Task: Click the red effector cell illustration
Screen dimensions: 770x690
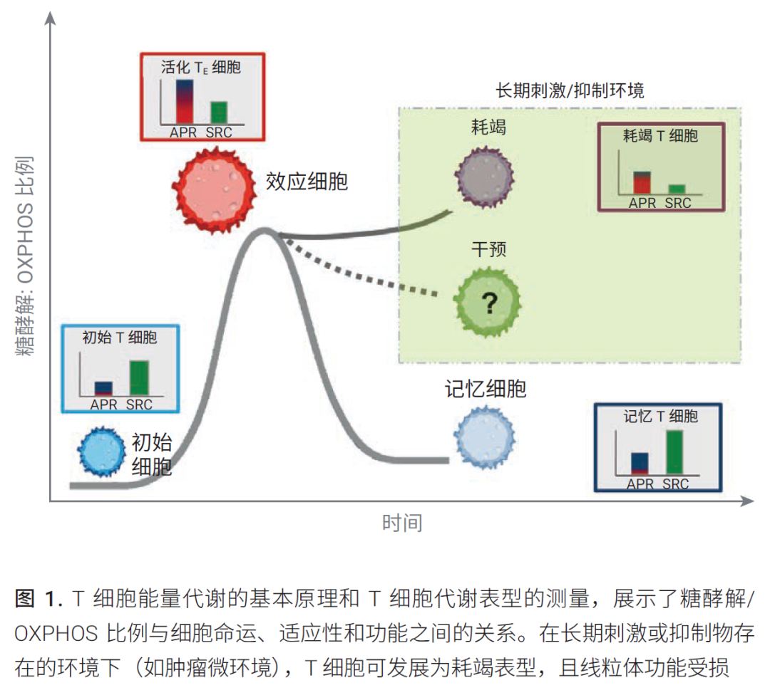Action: click(214, 189)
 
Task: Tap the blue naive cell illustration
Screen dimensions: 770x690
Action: click(102, 451)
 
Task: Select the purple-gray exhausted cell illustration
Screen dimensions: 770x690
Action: click(485, 177)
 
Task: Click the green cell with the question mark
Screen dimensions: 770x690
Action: click(487, 302)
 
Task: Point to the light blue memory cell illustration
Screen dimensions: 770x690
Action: click(485, 437)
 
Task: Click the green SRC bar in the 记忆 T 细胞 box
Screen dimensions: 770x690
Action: click(674, 452)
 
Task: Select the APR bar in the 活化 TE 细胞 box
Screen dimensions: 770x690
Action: click(185, 102)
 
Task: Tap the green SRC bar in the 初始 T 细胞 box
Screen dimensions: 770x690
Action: click(139, 377)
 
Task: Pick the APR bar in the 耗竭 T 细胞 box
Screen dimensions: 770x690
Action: click(642, 182)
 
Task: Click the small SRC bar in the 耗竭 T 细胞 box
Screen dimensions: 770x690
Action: click(677, 189)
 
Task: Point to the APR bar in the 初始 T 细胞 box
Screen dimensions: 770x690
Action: click(103, 388)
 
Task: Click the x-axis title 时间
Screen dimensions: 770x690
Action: click(402, 523)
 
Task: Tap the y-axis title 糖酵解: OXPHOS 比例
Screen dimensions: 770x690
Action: click(26, 256)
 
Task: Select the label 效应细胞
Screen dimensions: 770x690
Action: click(307, 182)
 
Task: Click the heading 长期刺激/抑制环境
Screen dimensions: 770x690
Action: click(570, 90)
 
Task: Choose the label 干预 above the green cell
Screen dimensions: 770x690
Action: click(488, 249)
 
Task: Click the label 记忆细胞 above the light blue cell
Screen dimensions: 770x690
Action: click(486, 389)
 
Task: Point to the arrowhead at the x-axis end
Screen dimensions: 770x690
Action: click(747, 501)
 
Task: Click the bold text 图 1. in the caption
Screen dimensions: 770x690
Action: click(38, 599)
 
